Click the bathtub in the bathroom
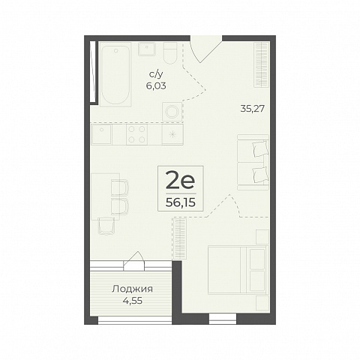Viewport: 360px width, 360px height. coord(115,74)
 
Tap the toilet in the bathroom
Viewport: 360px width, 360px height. coord(170,53)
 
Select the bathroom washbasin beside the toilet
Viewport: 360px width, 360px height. coord(147,49)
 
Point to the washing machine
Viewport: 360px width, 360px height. coord(172,112)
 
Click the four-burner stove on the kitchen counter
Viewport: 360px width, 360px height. coord(136,134)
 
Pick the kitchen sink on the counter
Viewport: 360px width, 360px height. coord(102,134)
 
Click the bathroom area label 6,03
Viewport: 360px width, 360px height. coord(156,86)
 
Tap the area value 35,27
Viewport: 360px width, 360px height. coord(253,109)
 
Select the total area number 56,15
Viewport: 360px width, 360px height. coord(181,203)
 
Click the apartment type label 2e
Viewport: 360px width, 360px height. coord(181,181)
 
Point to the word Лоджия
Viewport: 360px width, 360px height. coord(132,289)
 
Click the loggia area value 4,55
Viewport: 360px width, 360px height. coord(132,301)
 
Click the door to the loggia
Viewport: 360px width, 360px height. coord(134,261)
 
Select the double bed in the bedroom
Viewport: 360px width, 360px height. coord(238,269)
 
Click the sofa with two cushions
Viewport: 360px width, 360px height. coord(253,162)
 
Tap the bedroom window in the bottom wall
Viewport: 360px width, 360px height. coord(223,319)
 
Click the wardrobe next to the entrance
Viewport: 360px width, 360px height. coord(262,64)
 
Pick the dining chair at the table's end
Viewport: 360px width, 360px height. coord(106,226)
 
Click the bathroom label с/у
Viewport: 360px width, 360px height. coord(156,74)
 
